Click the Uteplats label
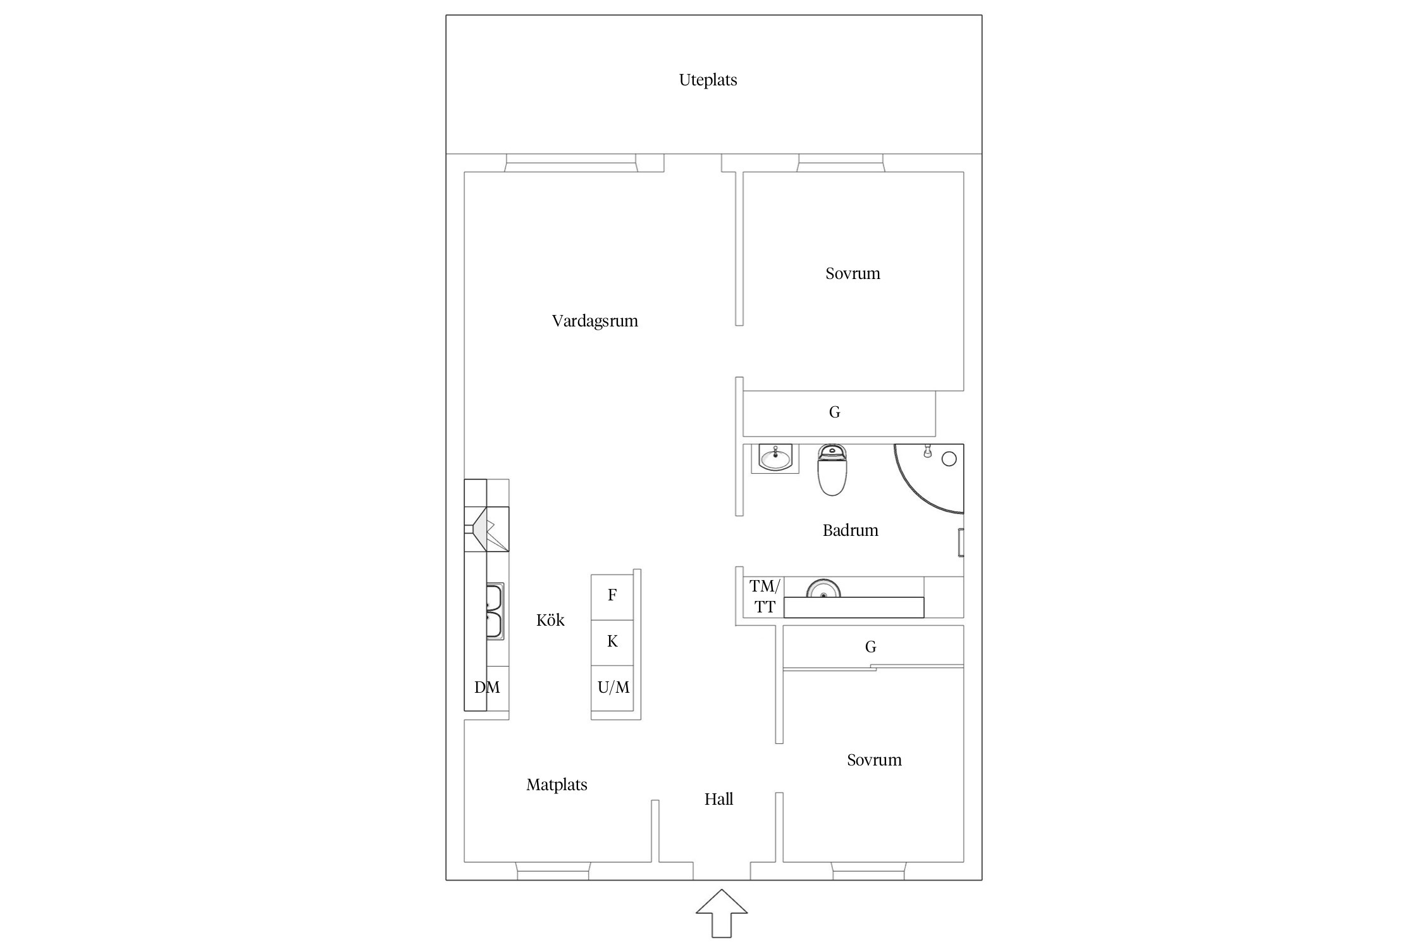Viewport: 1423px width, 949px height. pyautogui.click(x=708, y=80)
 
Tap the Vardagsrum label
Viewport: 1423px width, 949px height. pyautogui.click(x=594, y=321)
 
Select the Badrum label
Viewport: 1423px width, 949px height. pyautogui.click(x=850, y=530)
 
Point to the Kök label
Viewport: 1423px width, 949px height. pyautogui.click(x=550, y=620)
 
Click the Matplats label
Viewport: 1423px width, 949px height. pyautogui.click(x=557, y=785)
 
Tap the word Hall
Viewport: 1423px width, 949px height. pyautogui.click(x=718, y=799)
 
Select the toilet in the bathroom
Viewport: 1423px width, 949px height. pyautogui.click(x=832, y=469)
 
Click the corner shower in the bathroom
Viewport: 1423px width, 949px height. pyautogui.click(x=928, y=478)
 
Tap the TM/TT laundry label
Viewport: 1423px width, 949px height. pyautogui.click(x=765, y=597)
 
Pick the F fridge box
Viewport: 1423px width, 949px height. pyautogui.click(x=612, y=597)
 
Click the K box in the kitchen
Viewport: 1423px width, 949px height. pyautogui.click(x=612, y=642)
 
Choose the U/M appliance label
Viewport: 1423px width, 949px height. pyautogui.click(x=613, y=688)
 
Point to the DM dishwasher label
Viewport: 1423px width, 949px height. pyautogui.click(x=487, y=688)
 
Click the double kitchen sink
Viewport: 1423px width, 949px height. pyautogui.click(x=495, y=611)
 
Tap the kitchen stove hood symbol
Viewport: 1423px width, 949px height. pyautogui.click(x=487, y=529)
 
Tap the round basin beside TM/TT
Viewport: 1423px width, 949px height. pyautogui.click(x=823, y=588)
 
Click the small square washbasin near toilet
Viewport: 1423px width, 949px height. pyautogui.click(x=775, y=458)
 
